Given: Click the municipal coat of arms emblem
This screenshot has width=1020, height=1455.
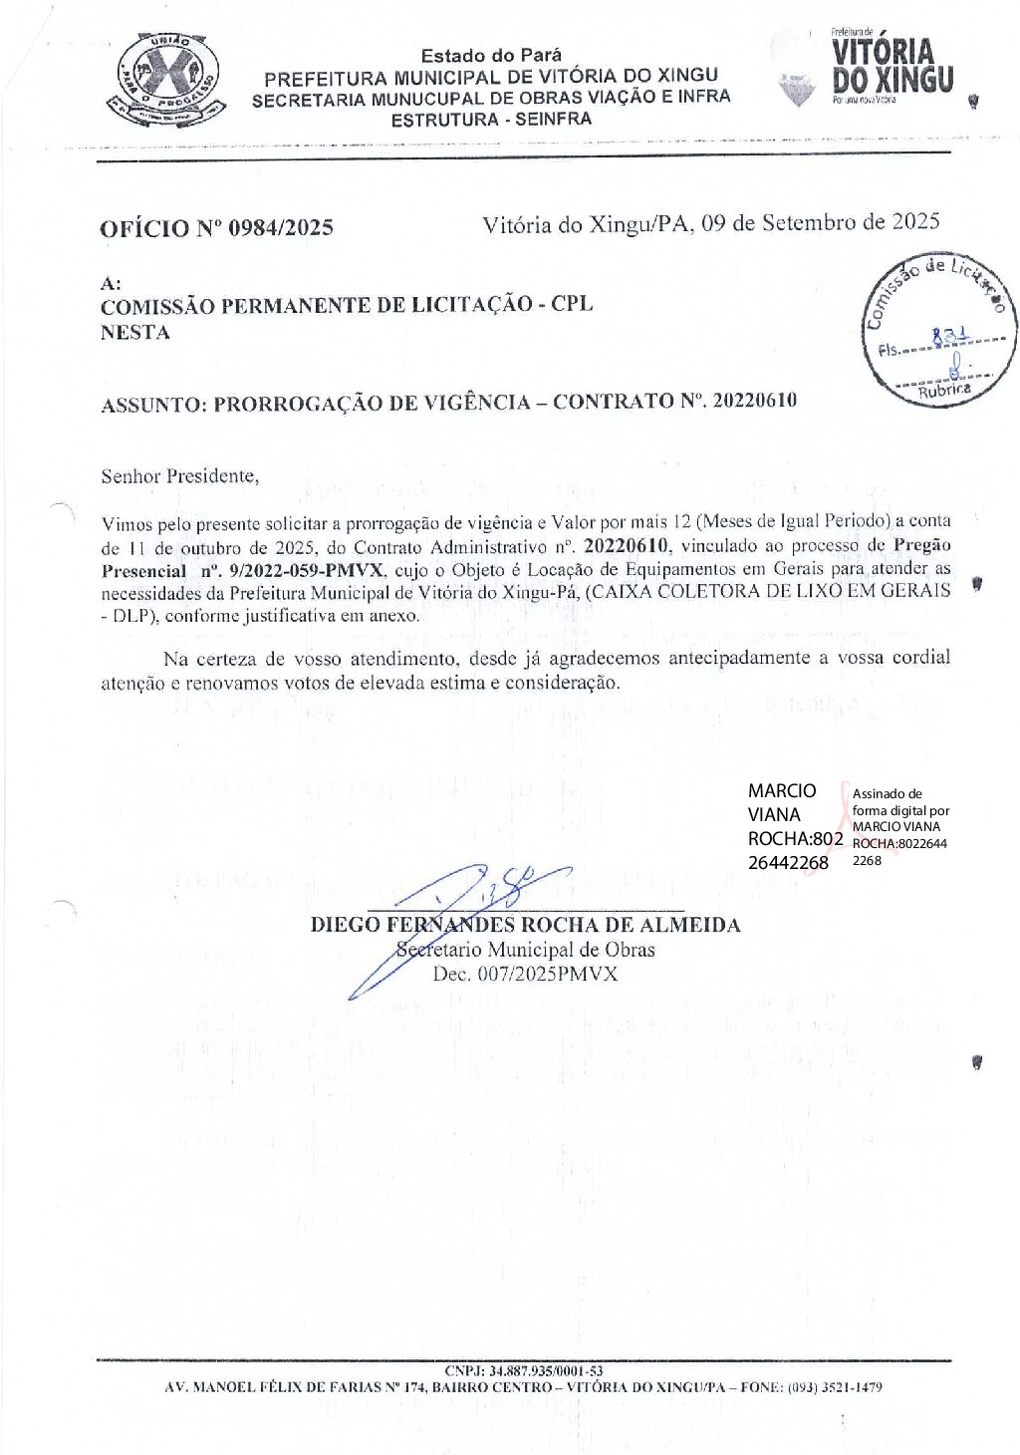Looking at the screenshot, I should [164, 79].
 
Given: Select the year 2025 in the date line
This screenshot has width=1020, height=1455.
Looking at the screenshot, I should [915, 221].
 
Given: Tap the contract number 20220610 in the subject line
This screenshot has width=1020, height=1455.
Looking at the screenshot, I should [754, 401].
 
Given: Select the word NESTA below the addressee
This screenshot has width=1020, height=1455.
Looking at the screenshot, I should [134, 333].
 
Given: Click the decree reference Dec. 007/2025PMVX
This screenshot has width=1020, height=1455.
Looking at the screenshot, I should [525, 974].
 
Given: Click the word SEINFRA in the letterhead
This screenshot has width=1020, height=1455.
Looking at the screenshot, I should [553, 119].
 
